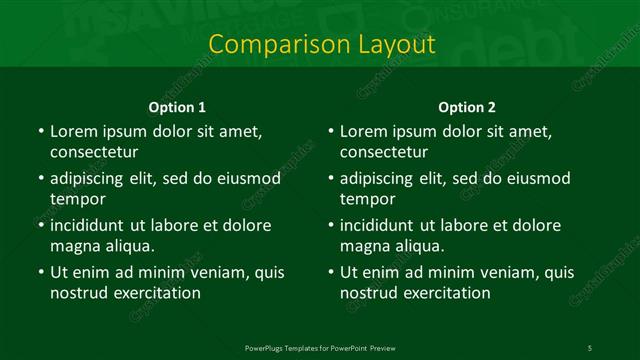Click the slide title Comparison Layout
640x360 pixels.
[x=321, y=44]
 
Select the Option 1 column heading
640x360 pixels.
[x=177, y=107]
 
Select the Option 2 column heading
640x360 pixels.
[x=467, y=107]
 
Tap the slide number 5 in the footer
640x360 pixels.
[x=589, y=347]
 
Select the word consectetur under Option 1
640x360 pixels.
[x=94, y=152]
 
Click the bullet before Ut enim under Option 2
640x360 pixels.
[x=329, y=272]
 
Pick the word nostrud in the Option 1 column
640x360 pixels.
[x=79, y=293]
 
